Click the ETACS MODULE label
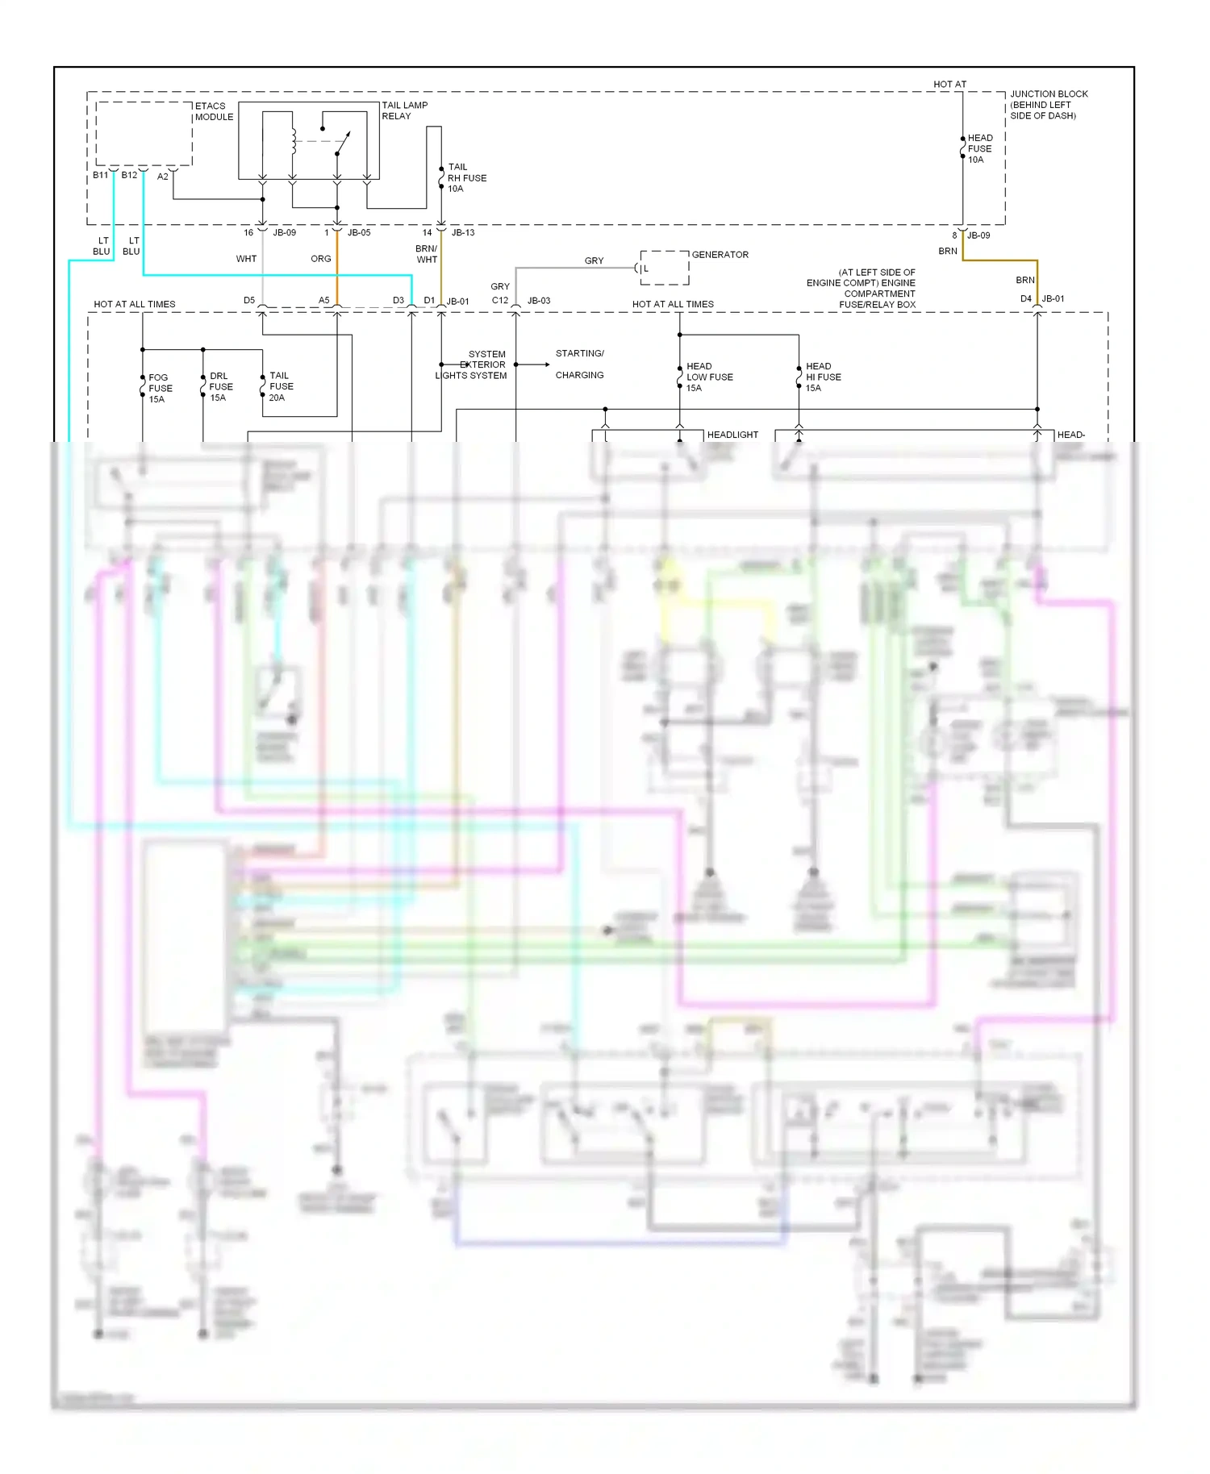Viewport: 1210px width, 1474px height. (x=214, y=111)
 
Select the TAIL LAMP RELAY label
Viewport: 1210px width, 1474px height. (x=404, y=110)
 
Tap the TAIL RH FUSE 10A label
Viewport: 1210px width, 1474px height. (x=466, y=178)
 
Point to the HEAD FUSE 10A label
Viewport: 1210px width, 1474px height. (x=980, y=149)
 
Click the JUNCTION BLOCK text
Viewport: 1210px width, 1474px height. (x=1049, y=94)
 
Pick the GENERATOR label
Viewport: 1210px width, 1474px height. (x=720, y=255)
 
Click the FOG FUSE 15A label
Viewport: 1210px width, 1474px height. (x=160, y=388)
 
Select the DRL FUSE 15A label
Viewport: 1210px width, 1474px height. (x=220, y=387)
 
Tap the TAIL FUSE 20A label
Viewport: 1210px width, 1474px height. (x=281, y=386)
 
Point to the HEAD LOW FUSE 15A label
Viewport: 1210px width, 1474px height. (x=709, y=377)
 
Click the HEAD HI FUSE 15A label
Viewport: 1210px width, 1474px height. (x=823, y=377)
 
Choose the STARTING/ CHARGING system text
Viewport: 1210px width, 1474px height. (x=579, y=364)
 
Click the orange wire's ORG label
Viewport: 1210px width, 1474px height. (x=320, y=259)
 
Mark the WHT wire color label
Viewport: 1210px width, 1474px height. (x=246, y=259)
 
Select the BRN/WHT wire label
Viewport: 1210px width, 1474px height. (x=427, y=254)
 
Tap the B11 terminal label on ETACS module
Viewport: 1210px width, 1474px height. (x=100, y=175)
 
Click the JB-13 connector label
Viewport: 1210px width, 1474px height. (x=463, y=232)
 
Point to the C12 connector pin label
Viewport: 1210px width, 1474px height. (x=500, y=301)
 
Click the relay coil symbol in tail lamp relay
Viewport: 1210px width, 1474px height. (x=294, y=141)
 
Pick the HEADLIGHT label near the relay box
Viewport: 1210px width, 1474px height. (x=732, y=435)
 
